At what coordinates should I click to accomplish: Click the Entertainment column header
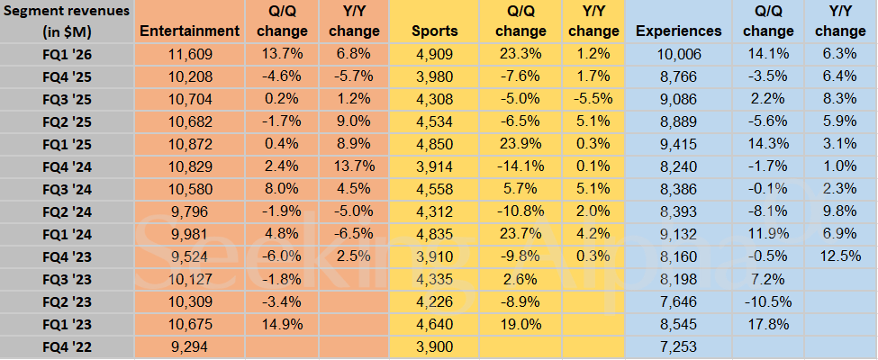coord(190,31)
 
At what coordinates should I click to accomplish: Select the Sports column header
coord(435,31)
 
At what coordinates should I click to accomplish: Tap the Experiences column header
coord(678,31)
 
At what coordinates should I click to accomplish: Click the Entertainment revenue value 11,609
coord(190,54)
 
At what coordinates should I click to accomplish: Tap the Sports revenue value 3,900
coord(435,346)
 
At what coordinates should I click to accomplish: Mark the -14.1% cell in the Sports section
coord(520,166)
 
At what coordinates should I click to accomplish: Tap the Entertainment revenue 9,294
coord(190,346)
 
